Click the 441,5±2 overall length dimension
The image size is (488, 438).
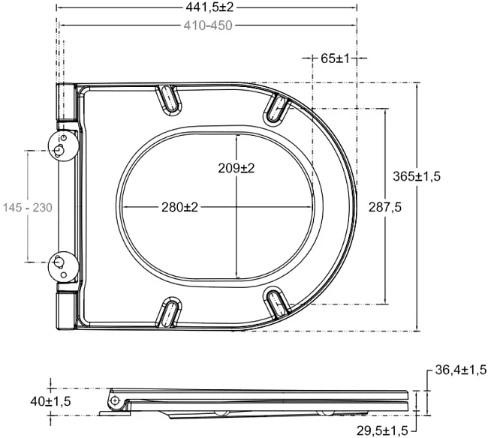click(x=209, y=7)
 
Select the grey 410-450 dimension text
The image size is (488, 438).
click(x=208, y=25)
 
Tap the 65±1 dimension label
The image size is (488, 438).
click(x=335, y=58)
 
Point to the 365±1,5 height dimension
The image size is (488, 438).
click(x=417, y=176)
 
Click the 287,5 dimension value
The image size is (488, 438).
click(x=385, y=207)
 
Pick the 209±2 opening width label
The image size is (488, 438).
click(x=236, y=168)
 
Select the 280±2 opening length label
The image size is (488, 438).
click(x=179, y=207)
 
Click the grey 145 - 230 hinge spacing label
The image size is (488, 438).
click(x=28, y=207)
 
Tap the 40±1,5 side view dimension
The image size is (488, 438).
click(x=50, y=401)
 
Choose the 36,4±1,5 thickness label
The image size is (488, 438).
click(x=461, y=370)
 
